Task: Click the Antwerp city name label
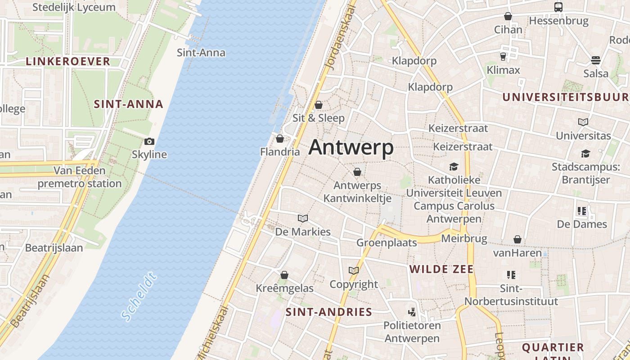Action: pos(351,147)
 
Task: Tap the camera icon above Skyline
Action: pos(149,142)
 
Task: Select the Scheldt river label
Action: pos(139,297)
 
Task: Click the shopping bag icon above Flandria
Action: pos(280,139)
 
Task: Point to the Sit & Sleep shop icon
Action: pos(319,105)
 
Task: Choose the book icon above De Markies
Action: pos(303,219)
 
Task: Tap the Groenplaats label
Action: pos(387,243)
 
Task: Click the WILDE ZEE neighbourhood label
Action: pos(441,269)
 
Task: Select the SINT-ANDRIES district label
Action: pos(329,312)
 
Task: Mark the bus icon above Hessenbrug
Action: pos(558,7)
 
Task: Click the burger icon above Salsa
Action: pos(596,60)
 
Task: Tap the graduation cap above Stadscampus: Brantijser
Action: pos(585,154)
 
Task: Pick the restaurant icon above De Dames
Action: pos(582,211)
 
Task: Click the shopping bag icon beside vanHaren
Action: pos(517,240)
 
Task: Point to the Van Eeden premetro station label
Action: pos(80,177)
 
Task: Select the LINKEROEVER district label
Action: pos(68,62)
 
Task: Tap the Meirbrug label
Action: pos(464,238)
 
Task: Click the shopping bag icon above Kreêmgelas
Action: pos(284,275)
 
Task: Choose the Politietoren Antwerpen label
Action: pos(412,331)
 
